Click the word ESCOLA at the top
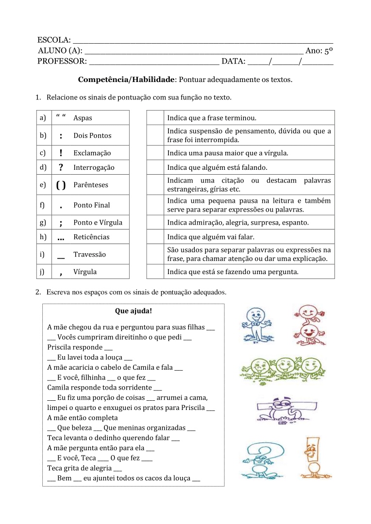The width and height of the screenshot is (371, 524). [x=53, y=40]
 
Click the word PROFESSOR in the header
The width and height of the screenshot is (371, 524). [x=62, y=61]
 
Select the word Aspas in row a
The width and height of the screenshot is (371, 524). [x=83, y=118]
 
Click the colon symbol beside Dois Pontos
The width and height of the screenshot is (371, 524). [x=61, y=136]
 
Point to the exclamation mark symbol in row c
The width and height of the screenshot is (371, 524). [x=61, y=153]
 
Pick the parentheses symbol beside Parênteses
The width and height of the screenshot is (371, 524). [x=61, y=185]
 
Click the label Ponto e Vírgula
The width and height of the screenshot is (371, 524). [x=98, y=223]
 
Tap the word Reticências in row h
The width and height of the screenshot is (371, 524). [x=91, y=237]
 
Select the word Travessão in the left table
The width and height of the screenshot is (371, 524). [x=89, y=255]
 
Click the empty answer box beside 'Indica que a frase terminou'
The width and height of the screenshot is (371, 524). [x=155, y=118]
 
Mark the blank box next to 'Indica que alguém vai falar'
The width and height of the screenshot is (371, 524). [x=155, y=237]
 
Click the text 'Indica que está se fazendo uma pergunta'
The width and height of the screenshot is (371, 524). [x=233, y=272]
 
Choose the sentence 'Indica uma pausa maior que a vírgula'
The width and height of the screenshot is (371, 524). [x=227, y=153]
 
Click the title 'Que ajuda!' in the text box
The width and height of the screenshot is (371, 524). [x=134, y=311]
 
